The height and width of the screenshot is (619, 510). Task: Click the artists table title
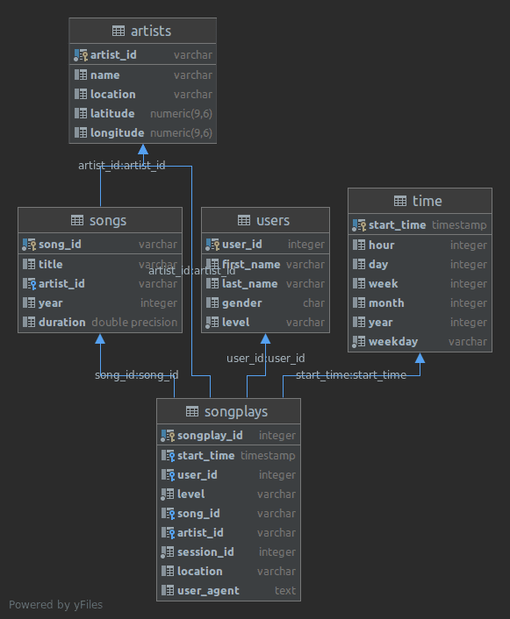pos(150,32)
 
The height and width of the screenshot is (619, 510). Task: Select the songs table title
pos(108,220)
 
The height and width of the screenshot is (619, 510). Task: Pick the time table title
pos(427,201)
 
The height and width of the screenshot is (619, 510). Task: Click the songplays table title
pos(235,411)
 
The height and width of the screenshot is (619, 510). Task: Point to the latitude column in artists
pos(112,113)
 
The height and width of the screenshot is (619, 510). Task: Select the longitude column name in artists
pos(117,132)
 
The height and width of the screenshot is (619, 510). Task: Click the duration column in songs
pos(61,322)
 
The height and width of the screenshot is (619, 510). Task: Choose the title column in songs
pos(50,264)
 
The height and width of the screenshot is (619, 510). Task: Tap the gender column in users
pos(242,302)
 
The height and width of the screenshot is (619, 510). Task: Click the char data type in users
pos(313,302)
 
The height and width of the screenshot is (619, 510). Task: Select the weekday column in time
pos(393,341)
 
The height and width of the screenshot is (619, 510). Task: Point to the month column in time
pos(386,302)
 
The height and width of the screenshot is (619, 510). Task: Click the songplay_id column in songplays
pos(210,436)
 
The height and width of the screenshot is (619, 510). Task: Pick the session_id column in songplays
pos(205,551)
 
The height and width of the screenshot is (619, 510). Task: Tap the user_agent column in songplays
pos(208,590)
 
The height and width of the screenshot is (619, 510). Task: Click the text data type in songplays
pos(285,590)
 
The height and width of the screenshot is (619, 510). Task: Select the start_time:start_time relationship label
pos(351,375)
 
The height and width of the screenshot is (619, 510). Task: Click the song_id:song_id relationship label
pos(137,375)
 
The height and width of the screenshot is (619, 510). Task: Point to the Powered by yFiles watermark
pos(53,605)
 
